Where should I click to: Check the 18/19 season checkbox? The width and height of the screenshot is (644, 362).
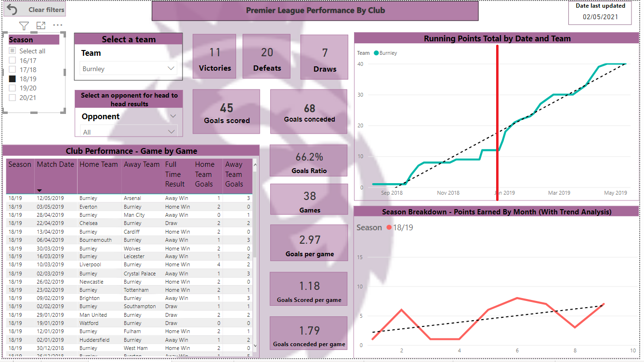13,79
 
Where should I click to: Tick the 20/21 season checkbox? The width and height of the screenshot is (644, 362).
13,98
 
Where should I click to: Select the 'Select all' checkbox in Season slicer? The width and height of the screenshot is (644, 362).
13,51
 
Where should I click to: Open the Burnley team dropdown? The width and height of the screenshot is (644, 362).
128,69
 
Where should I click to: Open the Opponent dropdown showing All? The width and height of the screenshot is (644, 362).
128,132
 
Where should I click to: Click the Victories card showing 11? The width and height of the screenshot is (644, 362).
214,57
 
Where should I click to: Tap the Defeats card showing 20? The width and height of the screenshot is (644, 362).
266,57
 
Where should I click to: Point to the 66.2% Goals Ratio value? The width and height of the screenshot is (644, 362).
309,157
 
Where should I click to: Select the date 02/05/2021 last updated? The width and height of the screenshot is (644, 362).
600,16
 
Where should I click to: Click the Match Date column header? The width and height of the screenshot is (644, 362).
55,165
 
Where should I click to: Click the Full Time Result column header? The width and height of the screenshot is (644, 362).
175,174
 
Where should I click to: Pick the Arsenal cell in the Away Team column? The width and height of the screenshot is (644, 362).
132,198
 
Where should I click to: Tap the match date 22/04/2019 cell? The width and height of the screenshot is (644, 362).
50,223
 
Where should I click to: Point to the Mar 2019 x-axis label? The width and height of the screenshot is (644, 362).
559,193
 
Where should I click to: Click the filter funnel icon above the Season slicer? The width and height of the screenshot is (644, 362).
24,26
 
